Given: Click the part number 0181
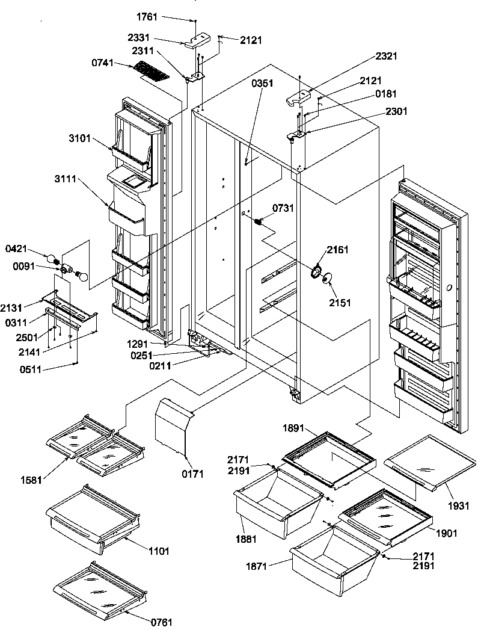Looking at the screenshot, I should coord(387,93).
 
